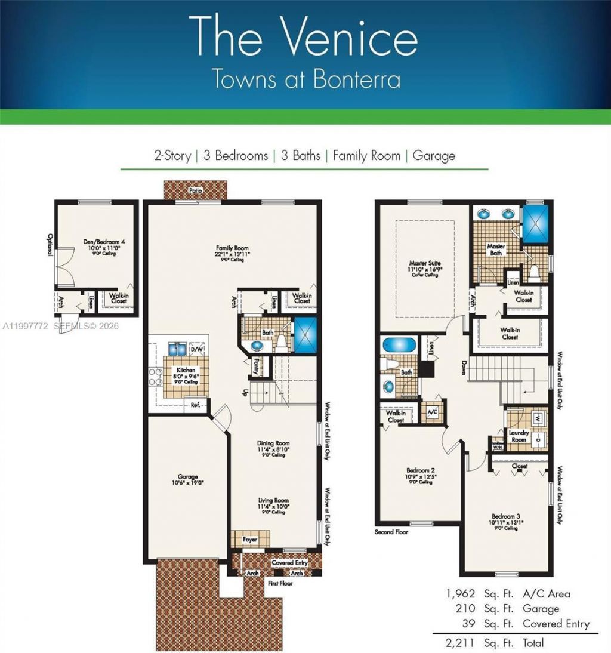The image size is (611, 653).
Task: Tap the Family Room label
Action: point(233,248)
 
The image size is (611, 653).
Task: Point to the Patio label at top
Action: point(196,190)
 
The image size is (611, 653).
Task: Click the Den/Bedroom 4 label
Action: point(104,242)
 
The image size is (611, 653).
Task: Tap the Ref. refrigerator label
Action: point(195,404)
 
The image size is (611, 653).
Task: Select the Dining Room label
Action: point(273,443)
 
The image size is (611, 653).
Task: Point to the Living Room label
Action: point(273,500)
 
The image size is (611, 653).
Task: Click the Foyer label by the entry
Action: point(250,538)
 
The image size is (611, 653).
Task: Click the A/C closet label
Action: point(431,411)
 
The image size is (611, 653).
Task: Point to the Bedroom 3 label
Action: point(508,516)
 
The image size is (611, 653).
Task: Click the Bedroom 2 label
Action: point(417,470)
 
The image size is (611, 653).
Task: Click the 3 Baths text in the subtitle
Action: point(296,156)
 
